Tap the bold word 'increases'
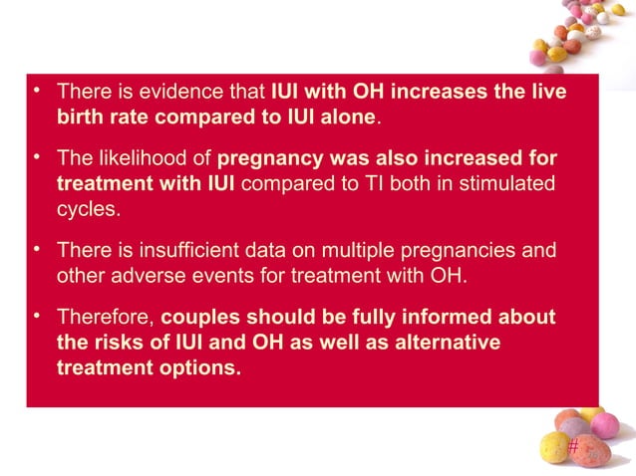(435, 93)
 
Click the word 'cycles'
(87, 210)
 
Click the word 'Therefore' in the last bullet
(105, 318)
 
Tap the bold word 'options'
(203, 367)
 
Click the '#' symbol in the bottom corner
(572, 447)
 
